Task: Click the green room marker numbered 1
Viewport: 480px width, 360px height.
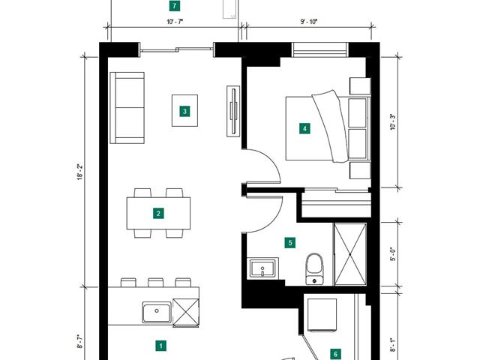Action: (160, 346)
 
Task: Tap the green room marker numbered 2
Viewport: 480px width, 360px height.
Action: (158, 213)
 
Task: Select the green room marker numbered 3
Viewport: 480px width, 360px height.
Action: (184, 111)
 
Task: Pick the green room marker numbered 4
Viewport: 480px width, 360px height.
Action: (304, 128)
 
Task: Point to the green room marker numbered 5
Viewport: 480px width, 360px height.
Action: (290, 243)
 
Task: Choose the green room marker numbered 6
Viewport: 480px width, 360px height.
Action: (336, 354)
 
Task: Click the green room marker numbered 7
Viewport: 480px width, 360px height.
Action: (175, 6)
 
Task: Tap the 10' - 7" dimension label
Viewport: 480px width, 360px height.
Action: (175, 22)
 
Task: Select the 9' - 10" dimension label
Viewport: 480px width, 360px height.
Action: (309, 22)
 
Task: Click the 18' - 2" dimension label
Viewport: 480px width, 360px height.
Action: (80, 172)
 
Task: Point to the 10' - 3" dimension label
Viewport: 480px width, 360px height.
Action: (393, 122)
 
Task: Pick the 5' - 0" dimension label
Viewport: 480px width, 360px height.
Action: (393, 254)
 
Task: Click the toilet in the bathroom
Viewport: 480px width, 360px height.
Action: (314, 268)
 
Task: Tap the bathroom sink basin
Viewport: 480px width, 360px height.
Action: (262, 268)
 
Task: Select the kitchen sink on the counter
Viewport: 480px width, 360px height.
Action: (157, 312)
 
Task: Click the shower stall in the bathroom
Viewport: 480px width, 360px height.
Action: (350, 254)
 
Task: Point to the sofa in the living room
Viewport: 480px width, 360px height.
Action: (127, 108)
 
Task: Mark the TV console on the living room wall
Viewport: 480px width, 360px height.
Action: (233, 111)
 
